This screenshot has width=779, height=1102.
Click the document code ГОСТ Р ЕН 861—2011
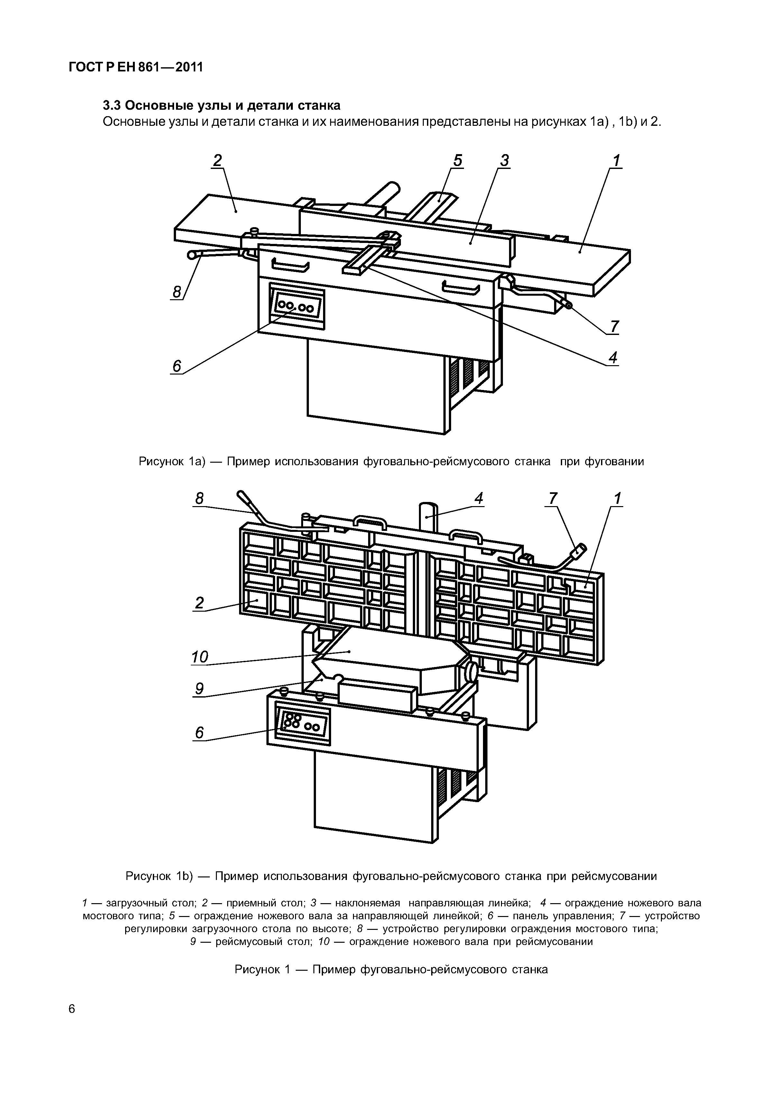pos(136,68)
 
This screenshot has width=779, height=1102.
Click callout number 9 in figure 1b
pos(199,689)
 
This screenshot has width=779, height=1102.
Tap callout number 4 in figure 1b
pos(478,499)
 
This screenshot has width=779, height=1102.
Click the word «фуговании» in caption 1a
pos(614,462)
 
